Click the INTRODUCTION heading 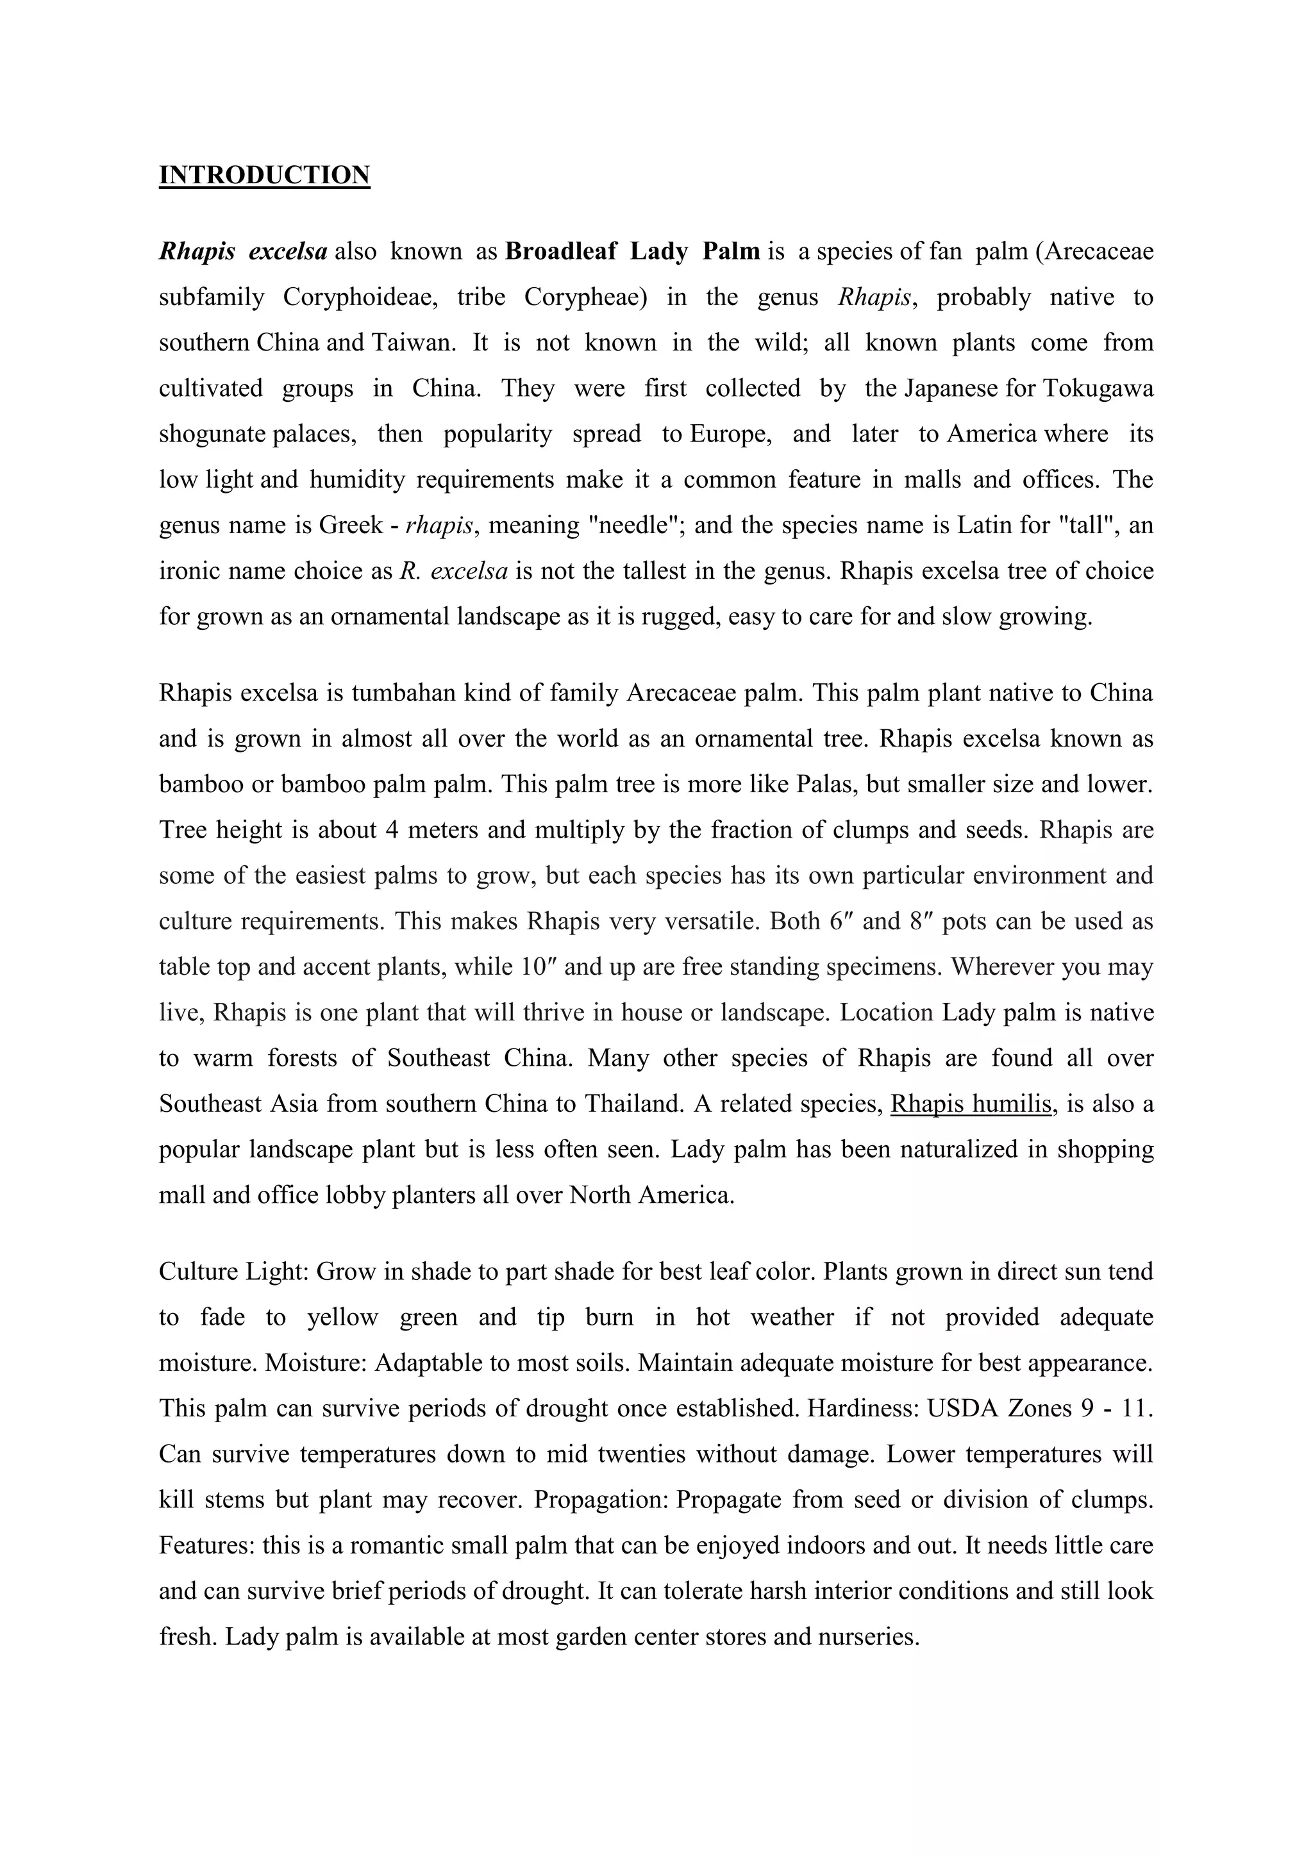(264, 174)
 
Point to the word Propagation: (601, 1500)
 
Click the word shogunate (212, 434)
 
